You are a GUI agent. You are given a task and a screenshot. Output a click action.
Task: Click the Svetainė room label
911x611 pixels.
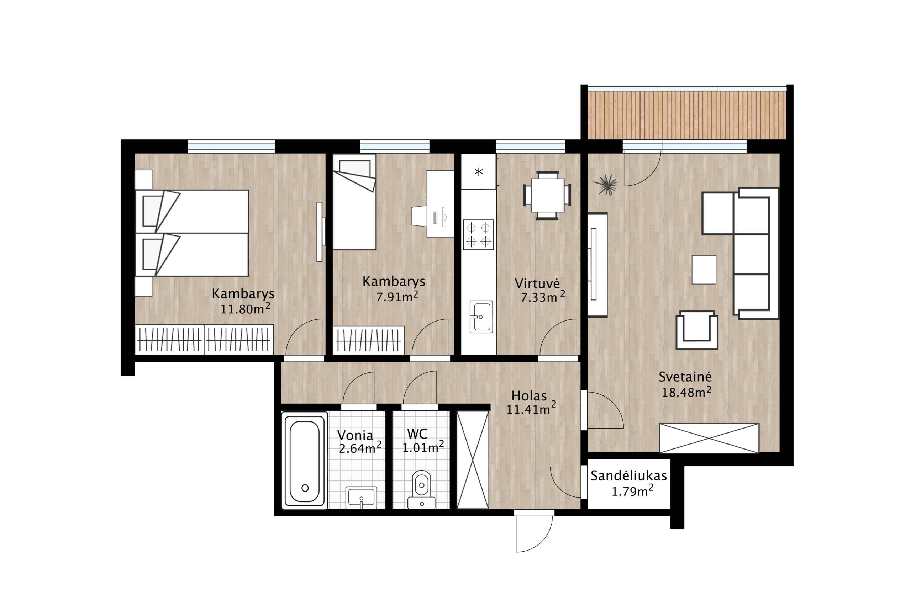685,377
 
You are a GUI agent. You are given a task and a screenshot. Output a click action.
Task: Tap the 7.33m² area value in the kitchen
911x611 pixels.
543,297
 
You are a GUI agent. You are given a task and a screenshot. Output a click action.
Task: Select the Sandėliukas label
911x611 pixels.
628,476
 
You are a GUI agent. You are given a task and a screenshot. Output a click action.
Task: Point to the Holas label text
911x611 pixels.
528,396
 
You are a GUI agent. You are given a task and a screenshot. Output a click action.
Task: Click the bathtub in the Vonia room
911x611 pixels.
305,461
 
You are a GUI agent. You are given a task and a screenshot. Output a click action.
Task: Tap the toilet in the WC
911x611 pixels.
421,489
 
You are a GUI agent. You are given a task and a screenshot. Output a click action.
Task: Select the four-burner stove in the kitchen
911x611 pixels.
478,235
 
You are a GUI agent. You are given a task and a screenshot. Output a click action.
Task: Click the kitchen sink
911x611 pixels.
481,317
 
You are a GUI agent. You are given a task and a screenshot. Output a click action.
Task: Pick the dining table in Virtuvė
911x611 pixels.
547,195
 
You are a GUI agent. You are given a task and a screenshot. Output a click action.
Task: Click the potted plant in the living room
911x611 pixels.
606,184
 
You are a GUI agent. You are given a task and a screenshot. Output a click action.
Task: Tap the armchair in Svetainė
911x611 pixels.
697,330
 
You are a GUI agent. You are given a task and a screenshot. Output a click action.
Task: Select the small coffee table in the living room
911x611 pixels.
704,270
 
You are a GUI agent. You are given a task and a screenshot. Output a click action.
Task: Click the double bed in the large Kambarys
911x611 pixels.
192,233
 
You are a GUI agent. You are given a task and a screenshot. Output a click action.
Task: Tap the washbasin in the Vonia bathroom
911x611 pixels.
361,498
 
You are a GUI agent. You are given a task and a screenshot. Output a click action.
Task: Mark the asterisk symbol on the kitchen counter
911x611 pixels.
479,171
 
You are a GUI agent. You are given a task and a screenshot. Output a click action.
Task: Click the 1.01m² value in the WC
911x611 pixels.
423,447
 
